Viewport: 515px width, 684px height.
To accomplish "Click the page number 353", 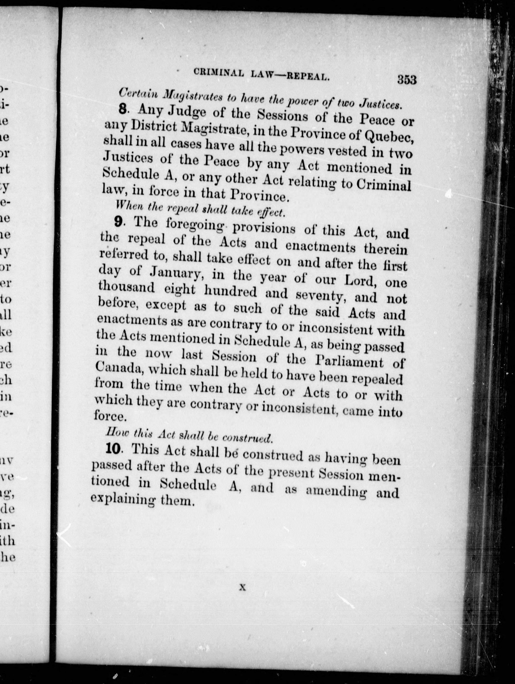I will click(x=407, y=80).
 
